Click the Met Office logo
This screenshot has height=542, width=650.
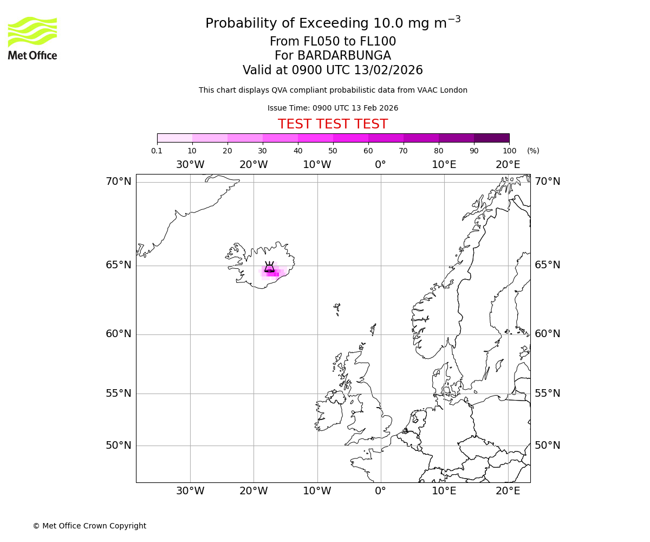click(32, 38)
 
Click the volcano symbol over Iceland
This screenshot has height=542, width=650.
click(269, 267)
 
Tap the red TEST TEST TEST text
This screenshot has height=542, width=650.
click(333, 124)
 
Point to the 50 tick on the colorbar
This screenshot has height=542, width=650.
click(333, 151)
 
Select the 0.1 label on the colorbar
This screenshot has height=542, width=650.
click(157, 151)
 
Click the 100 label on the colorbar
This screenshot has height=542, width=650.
click(509, 151)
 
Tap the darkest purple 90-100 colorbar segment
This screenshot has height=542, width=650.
click(491, 138)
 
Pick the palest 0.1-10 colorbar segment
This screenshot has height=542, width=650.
click(175, 138)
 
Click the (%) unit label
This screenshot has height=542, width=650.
click(533, 151)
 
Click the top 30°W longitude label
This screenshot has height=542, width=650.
click(190, 165)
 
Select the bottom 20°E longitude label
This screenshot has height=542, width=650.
click(508, 491)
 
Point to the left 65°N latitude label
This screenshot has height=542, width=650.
click(119, 265)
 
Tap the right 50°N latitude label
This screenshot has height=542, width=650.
click(548, 446)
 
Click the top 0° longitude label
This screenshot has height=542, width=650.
click(380, 165)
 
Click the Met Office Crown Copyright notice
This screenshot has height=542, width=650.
click(89, 526)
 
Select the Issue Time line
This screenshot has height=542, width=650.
click(333, 108)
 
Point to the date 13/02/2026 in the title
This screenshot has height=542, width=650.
click(388, 70)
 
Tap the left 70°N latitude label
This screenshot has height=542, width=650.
click(119, 182)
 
